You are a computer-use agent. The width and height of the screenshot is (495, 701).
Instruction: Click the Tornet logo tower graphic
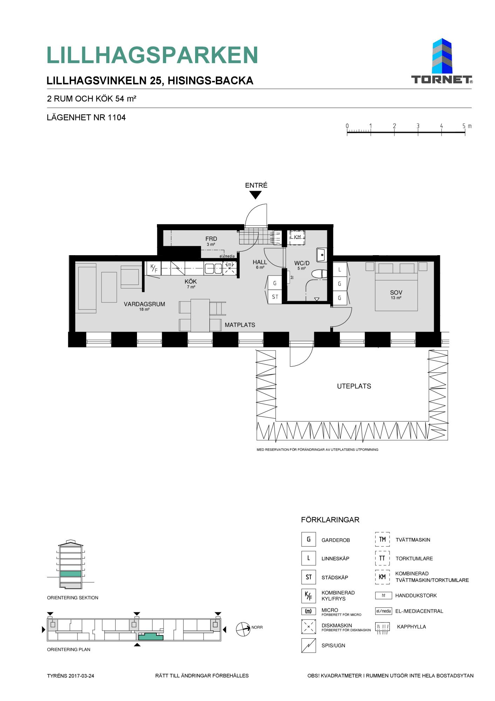[x=442, y=56]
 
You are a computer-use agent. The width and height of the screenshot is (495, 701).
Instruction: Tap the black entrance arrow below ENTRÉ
[x=256, y=195]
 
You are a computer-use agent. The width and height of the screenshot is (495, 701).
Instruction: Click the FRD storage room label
[x=211, y=239]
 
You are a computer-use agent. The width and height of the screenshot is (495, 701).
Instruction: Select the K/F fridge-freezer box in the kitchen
[x=154, y=268]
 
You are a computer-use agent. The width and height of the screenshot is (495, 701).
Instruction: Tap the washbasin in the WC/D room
[x=321, y=255]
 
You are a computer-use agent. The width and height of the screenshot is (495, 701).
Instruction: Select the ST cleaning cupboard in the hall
[x=275, y=297]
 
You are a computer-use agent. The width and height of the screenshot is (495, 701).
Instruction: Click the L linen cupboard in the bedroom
[x=339, y=270]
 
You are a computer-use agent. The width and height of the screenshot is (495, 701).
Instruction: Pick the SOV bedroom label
[x=396, y=292]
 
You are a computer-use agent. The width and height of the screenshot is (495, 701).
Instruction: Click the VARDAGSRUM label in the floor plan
[x=144, y=304]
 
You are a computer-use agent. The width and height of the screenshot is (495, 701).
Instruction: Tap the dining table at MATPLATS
[x=200, y=315]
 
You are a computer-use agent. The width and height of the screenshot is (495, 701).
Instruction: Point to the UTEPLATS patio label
[x=354, y=386]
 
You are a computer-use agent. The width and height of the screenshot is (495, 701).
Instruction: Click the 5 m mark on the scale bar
[x=465, y=132]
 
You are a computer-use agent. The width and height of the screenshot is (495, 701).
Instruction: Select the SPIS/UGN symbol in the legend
[x=309, y=645]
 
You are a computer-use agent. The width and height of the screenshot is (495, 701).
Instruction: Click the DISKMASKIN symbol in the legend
[x=309, y=627]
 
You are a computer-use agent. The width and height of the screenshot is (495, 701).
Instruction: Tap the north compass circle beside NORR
[x=243, y=629]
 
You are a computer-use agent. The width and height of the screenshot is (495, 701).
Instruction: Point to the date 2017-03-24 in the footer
[x=81, y=676]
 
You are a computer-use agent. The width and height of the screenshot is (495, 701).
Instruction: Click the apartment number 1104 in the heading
[x=117, y=117]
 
